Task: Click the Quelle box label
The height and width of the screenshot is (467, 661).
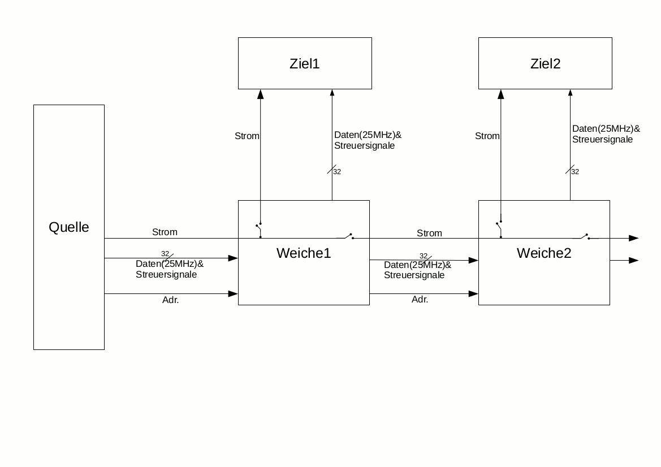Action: pyautogui.click(x=69, y=227)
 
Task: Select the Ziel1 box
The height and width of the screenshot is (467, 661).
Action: pyautogui.click(x=305, y=63)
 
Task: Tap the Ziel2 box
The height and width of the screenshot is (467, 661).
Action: pyautogui.click(x=545, y=63)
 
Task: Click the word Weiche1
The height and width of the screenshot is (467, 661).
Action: pyautogui.click(x=304, y=253)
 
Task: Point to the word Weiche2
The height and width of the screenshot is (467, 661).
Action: pyautogui.click(x=544, y=253)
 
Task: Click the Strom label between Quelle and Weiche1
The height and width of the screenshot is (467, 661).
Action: pyautogui.click(x=165, y=232)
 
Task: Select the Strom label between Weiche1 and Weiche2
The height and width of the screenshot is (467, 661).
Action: pyautogui.click(x=429, y=233)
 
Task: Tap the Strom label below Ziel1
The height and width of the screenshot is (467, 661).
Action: pyautogui.click(x=247, y=136)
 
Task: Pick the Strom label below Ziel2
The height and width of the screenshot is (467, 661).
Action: pyautogui.click(x=487, y=136)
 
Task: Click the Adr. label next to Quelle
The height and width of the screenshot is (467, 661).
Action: pyautogui.click(x=170, y=300)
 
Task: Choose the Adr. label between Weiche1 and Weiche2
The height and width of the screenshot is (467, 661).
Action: pyautogui.click(x=420, y=300)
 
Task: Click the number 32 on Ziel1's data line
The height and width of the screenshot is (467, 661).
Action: pyautogui.click(x=337, y=172)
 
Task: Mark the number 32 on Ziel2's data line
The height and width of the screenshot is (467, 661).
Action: pyautogui.click(x=575, y=172)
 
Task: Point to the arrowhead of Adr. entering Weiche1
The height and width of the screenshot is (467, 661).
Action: pyautogui.click(x=233, y=294)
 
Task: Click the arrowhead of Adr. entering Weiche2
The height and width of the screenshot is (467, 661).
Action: pyautogui.click(x=474, y=294)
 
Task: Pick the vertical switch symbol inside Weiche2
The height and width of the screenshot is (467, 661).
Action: pyautogui.click(x=499, y=230)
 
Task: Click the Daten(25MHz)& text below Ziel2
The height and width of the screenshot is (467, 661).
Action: pyautogui.click(x=606, y=128)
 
